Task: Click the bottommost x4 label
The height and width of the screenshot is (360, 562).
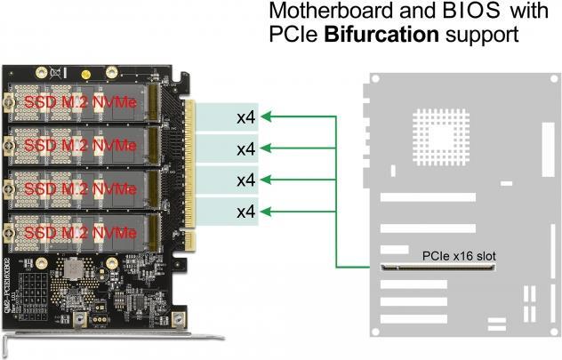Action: pyautogui.click(x=246, y=212)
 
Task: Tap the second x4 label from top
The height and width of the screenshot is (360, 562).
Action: pyautogui.click(x=246, y=148)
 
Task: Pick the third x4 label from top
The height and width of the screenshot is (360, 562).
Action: pyautogui.click(x=246, y=180)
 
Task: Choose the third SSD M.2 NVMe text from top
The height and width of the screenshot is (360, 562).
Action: pyautogui.click(x=81, y=188)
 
